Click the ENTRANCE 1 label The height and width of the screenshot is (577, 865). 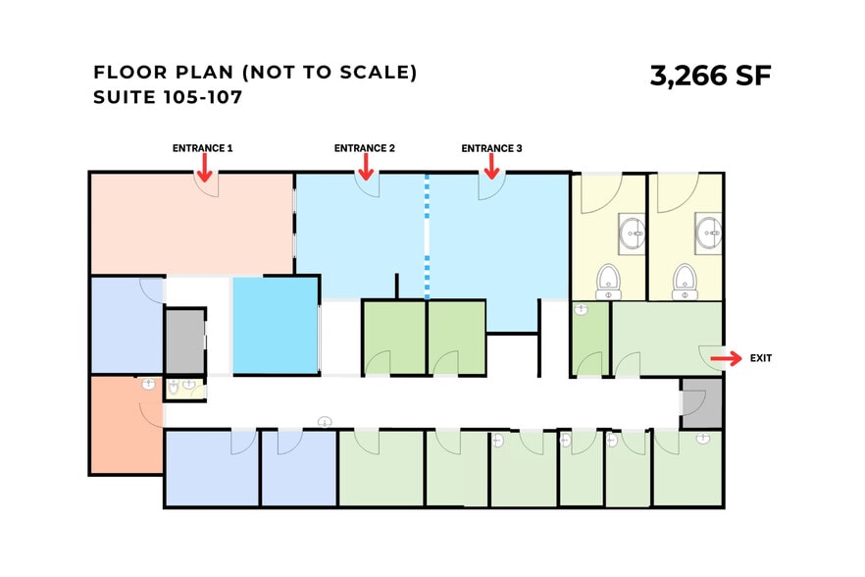202,148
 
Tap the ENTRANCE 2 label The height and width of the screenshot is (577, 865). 365,148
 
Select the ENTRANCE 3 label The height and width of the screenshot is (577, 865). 491,148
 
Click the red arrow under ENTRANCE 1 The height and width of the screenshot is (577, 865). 205,167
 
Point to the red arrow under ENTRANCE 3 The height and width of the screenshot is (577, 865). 491,166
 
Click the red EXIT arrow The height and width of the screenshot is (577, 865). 726,358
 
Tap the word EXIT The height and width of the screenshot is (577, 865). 761,358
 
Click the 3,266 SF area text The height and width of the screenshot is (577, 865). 710,76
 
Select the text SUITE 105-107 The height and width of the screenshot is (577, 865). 168,97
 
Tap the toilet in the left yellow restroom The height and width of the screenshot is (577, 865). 608,282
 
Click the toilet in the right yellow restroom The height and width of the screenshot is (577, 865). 685,282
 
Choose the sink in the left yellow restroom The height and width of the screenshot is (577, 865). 632,234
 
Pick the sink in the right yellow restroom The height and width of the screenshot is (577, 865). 708,234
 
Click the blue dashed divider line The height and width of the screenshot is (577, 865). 427,236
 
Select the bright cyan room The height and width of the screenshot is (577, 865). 276,325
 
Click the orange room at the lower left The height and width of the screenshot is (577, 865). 127,424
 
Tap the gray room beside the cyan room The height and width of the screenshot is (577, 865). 185,341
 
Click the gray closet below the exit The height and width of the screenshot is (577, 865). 702,402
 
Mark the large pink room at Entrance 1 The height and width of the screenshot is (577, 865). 192,224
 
